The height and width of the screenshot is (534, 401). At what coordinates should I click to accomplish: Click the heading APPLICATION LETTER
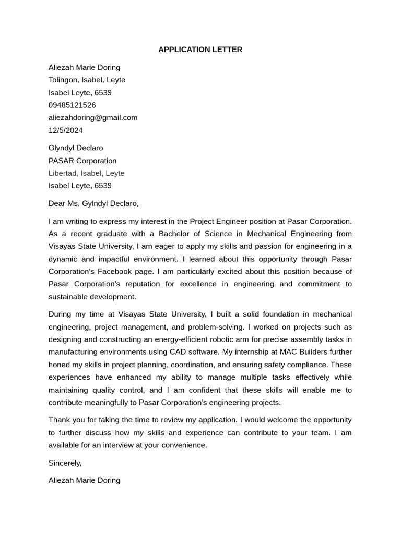coord(200,50)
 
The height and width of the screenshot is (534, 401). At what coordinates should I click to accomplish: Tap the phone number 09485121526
coord(72,105)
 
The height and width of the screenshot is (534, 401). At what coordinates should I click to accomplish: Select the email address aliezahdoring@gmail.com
coord(93,118)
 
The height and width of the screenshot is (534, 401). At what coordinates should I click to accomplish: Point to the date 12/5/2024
coord(66,130)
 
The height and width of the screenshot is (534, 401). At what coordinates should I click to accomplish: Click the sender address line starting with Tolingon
coord(87,80)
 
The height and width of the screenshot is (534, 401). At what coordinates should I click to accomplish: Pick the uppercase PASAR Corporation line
coord(82,161)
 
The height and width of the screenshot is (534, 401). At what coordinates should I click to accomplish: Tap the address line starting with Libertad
coord(86,173)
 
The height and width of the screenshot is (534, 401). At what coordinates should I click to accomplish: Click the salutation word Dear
coord(57,203)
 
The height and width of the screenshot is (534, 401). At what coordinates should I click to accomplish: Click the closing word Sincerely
coord(65,463)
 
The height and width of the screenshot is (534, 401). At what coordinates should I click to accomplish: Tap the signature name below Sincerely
coord(84,480)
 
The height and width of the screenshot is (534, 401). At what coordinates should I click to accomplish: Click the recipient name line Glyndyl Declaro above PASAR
coord(76,148)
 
